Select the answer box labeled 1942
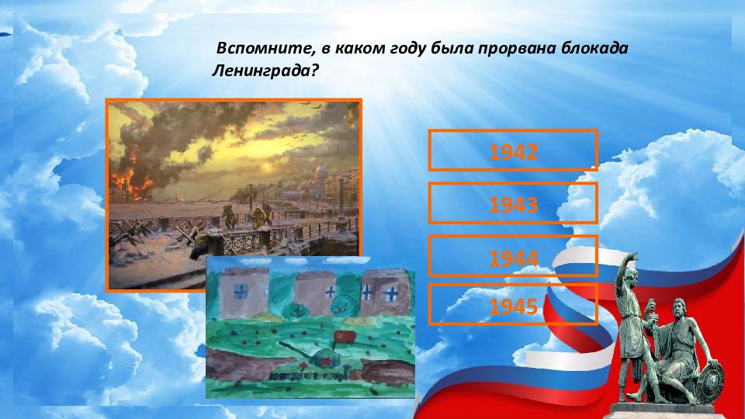click(513, 150)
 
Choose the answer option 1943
click(513, 203)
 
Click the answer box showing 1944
click(513, 255)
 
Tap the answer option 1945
click(513, 304)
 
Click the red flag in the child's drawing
click(344, 338)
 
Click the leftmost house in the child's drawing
click(244, 291)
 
